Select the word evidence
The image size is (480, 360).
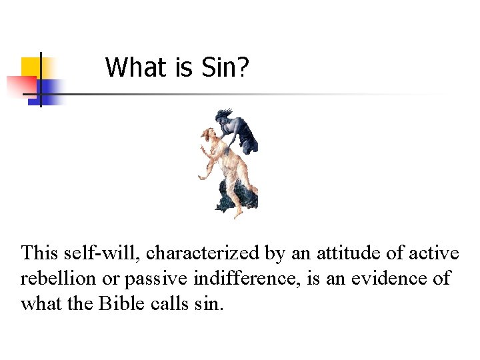click(x=394, y=278)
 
